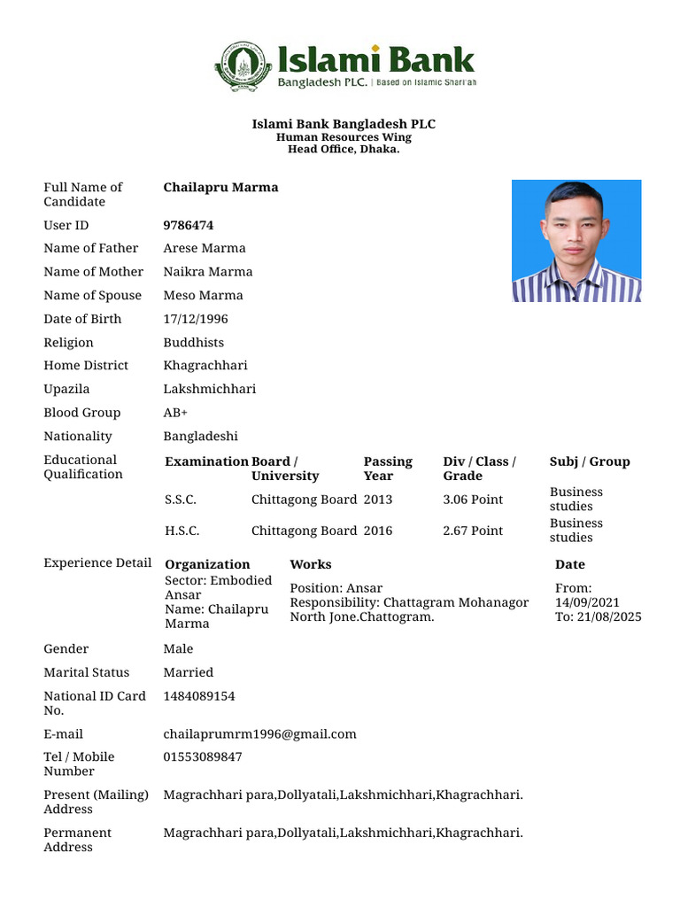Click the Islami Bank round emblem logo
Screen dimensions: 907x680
243,66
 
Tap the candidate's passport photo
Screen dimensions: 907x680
576,241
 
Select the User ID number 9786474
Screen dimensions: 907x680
188,225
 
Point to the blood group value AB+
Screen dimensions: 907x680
175,413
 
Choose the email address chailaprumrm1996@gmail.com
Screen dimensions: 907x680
259,733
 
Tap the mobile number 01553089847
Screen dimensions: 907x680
202,756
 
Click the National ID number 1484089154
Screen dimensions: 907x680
199,696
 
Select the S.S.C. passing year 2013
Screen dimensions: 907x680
377,500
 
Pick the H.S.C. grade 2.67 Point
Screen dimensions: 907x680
472,531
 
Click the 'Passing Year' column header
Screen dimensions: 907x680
388,469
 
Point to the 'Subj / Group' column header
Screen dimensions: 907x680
590,461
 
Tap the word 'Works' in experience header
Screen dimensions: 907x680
310,564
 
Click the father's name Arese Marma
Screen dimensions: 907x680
205,248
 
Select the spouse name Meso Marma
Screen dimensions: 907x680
203,295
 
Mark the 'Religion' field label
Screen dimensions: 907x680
68,342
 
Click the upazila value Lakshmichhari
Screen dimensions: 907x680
209,389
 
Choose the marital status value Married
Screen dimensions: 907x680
188,672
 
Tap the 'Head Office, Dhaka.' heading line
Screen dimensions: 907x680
344,149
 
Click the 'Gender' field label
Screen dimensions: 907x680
66,648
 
